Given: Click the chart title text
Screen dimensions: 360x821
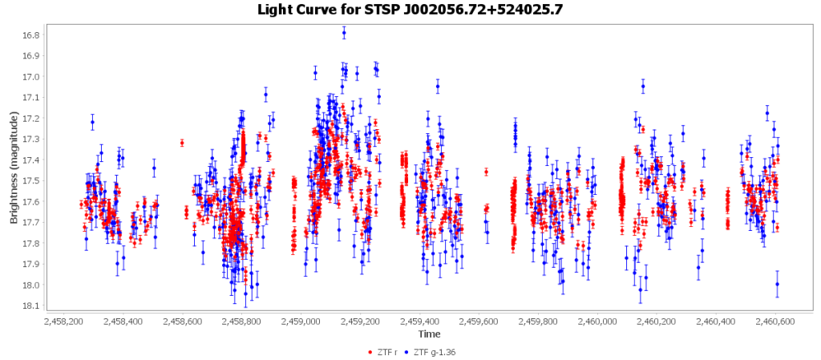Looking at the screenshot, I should (x=410, y=10).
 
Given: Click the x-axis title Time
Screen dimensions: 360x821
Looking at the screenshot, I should (x=428, y=334).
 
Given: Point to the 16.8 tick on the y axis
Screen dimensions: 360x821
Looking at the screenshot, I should (x=30, y=35).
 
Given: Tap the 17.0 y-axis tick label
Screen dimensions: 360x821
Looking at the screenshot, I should (x=30, y=77).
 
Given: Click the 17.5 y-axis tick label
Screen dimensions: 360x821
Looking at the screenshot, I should (x=30, y=181).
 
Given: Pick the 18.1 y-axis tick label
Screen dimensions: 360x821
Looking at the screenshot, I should (x=30, y=306).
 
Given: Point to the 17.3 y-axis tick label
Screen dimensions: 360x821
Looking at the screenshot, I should (x=30, y=140).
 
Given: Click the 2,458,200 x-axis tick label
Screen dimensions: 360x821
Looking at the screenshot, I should (x=63, y=321).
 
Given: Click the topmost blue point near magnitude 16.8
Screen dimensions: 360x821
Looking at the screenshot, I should (x=344, y=33).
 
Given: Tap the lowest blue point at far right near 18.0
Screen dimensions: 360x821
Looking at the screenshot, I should (x=777, y=284).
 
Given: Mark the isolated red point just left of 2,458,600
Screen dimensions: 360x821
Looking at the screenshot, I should (x=182, y=143).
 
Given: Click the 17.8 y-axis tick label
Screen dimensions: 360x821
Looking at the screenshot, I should (x=30, y=244).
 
